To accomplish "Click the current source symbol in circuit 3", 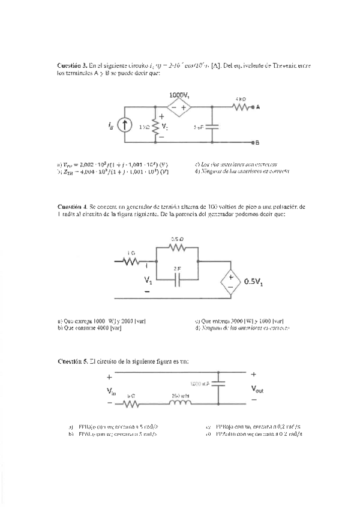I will [125, 124].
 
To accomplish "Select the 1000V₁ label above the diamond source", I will [179, 95].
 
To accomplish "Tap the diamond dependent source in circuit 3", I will [179, 108].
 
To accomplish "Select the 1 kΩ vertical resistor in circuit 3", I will [155, 126].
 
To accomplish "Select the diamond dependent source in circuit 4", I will [229, 280].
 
